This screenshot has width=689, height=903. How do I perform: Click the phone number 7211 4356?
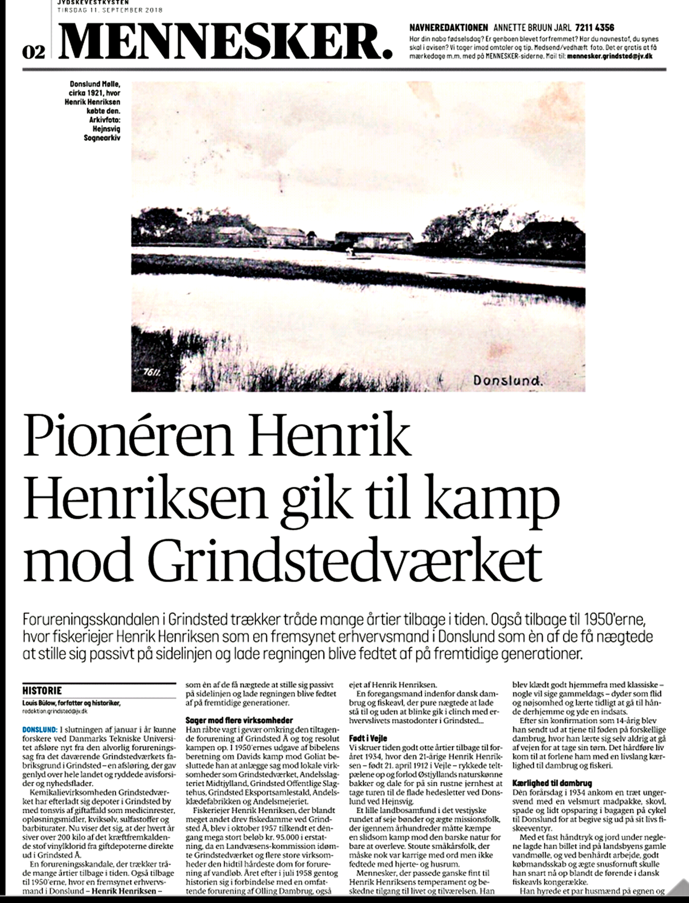tap(594, 27)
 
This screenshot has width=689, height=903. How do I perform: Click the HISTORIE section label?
tap(41, 690)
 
